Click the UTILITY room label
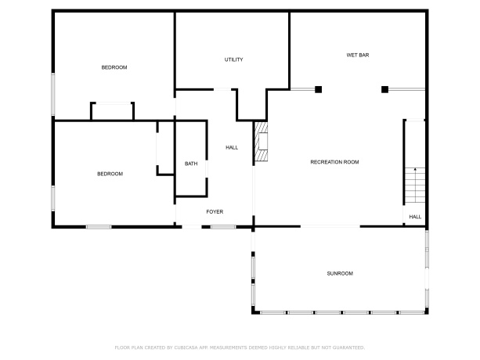click(x=233, y=59)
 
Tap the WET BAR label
click(x=358, y=55)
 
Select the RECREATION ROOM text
click(x=334, y=162)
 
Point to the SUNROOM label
click(x=340, y=273)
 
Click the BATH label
click(x=191, y=164)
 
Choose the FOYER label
click(x=215, y=212)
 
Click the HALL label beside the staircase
click(x=415, y=217)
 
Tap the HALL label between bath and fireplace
click(x=232, y=147)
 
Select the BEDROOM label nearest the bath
click(x=110, y=174)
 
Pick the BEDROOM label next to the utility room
click(x=114, y=67)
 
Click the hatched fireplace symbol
click(x=261, y=142)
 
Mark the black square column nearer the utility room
click(x=318, y=89)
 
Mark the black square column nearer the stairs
click(x=384, y=89)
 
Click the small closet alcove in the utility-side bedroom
click(x=112, y=112)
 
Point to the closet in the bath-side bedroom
click(x=164, y=148)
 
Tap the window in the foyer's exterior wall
click(x=223, y=227)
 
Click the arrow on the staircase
click(x=414, y=168)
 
